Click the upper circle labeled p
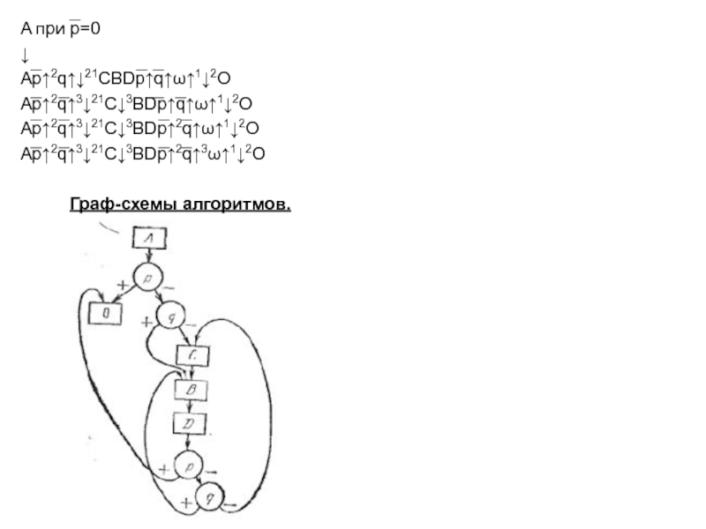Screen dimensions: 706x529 coord(147,279)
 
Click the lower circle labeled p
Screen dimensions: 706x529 coord(187,464)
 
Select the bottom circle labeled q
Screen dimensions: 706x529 coord(209,499)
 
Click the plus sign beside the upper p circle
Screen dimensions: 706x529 coord(120,286)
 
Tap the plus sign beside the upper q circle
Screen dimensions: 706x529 coord(146,323)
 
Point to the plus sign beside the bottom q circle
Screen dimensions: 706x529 coord(186,503)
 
